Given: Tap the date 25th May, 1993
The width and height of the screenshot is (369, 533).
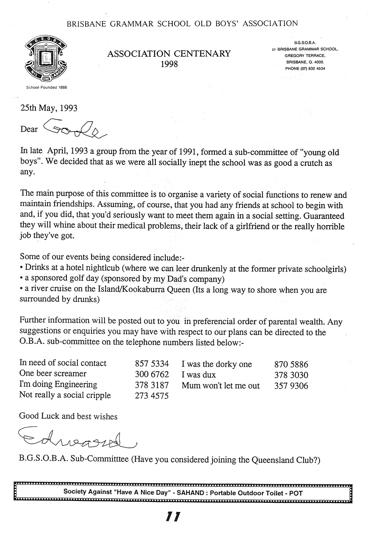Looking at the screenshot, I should (48, 108).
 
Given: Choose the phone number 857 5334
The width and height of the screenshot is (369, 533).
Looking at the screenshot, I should (152, 363).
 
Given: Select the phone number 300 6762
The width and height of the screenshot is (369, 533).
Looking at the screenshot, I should (152, 374).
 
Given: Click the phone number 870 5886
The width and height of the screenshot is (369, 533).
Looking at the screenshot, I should (291, 365).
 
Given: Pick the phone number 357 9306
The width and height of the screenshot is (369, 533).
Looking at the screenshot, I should (291, 386).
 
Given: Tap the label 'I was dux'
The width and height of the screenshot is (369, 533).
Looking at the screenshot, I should (199, 375).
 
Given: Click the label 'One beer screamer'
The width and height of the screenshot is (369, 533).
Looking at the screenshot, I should (53, 374).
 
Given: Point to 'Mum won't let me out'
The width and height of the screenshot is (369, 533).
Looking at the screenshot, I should (220, 386).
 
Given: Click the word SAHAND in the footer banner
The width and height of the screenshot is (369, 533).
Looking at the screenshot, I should (187, 492).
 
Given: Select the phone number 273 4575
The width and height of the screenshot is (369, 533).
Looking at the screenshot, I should (152, 396).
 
